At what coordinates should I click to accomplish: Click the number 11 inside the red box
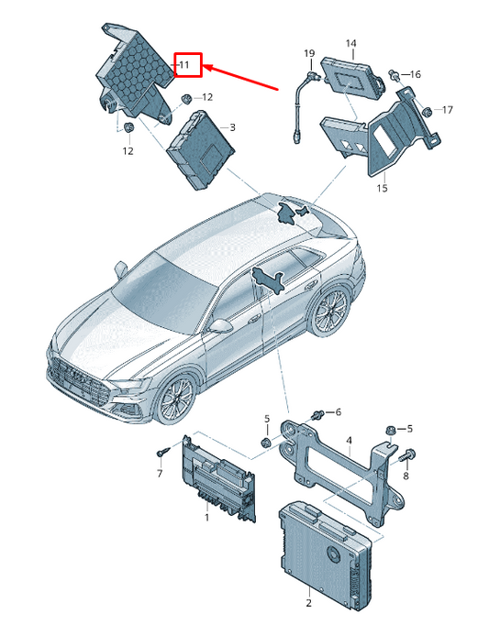184,65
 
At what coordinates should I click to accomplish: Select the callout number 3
232,127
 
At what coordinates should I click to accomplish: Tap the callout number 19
309,53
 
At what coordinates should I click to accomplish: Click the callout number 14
350,43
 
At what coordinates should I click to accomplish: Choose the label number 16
415,73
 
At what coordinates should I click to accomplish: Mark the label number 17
448,111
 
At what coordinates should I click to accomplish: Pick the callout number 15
382,189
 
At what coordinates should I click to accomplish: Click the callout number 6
337,412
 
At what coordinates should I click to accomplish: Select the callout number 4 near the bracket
349,442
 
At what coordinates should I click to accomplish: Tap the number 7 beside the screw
159,474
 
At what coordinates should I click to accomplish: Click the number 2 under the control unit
308,602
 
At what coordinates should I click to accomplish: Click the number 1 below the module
206,518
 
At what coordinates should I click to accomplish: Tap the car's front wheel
174,400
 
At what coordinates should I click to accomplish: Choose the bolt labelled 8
406,454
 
